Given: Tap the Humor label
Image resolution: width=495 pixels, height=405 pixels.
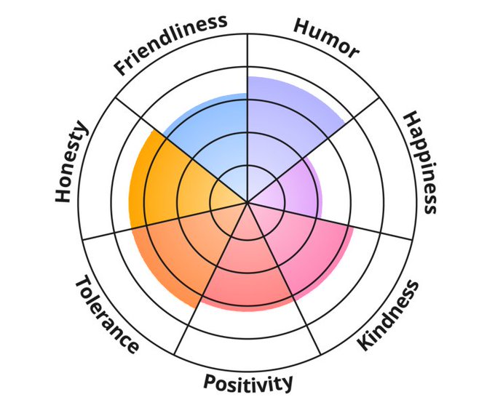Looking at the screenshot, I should point(326,36).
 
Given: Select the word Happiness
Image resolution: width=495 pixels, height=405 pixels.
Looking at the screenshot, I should point(421,162).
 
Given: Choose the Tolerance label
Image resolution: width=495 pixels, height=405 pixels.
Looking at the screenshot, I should point(106,315).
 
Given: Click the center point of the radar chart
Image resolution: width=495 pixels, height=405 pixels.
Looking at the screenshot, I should point(247,201).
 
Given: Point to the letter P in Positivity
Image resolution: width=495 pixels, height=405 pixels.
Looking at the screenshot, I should point(209,382).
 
